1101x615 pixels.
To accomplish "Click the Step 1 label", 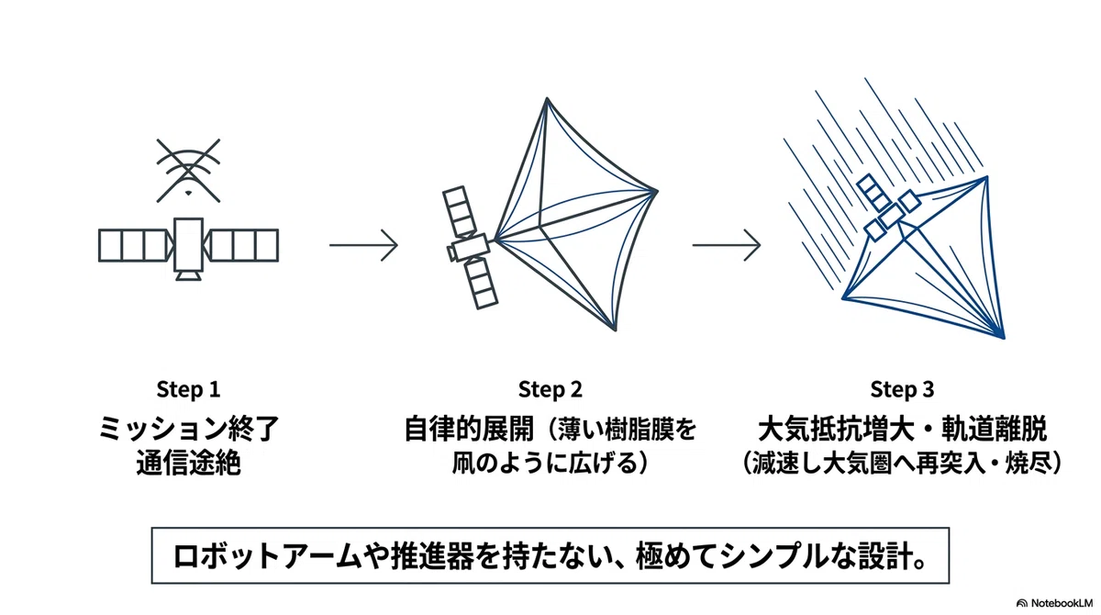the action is point(188,389).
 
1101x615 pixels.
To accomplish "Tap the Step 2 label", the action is point(550,389).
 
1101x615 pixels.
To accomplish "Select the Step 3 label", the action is point(902,389).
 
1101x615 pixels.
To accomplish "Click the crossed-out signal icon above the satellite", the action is point(188,170).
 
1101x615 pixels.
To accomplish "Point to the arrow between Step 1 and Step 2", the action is point(363,244).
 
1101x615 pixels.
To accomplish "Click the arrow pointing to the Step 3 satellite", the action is point(727,244).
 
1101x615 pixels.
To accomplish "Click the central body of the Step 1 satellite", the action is point(188,244).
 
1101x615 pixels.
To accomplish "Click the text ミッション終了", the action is point(189,428).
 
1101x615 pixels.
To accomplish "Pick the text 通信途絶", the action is point(188,464).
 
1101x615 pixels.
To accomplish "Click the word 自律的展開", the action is point(469,428).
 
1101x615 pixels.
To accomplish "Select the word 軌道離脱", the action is point(994,428).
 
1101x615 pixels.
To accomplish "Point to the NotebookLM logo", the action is point(1054,603).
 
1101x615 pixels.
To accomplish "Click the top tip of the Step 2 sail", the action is point(546,98).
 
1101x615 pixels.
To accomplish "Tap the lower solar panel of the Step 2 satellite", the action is point(481,284).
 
